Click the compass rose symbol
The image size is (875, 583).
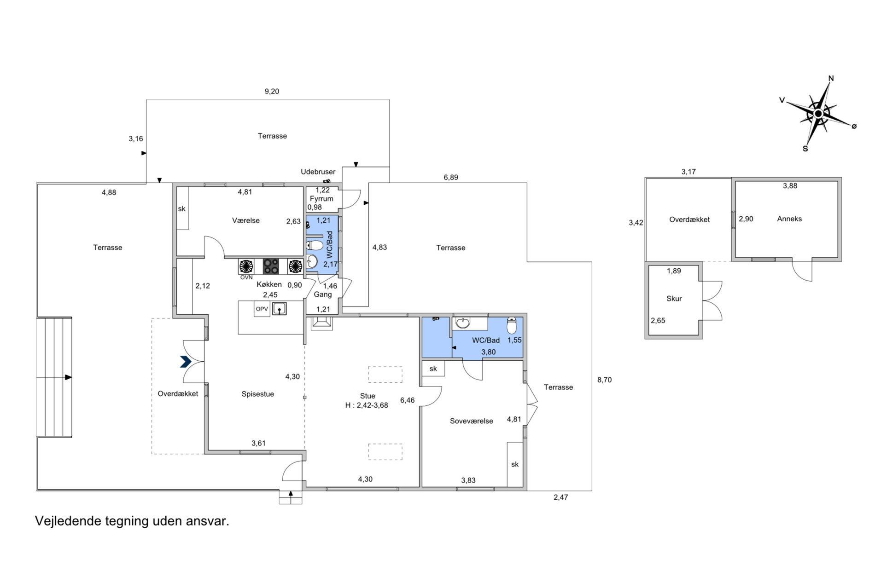click(818, 113)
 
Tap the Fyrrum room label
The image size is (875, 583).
click(321, 199)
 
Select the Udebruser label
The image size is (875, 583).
click(318, 172)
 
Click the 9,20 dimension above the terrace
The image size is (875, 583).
click(272, 91)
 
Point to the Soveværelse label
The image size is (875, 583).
click(472, 421)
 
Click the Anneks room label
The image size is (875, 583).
click(789, 219)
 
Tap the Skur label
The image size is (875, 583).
click(674, 299)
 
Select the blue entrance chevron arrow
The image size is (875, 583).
click(186, 362)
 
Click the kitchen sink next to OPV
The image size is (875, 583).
click(279, 308)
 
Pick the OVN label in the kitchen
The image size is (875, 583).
click(246, 277)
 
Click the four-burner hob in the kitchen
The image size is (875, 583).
click(271, 266)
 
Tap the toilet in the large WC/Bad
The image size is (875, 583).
click(512, 325)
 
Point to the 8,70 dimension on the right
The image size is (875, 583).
click(604, 380)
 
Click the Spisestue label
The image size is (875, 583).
click(258, 394)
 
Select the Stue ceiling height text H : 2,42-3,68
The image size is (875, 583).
click(367, 405)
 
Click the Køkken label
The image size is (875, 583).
click(269, 284)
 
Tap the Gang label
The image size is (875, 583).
click(323, 294)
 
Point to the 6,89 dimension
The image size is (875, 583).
click(451, 177)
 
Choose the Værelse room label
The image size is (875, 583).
click(246, 220)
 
